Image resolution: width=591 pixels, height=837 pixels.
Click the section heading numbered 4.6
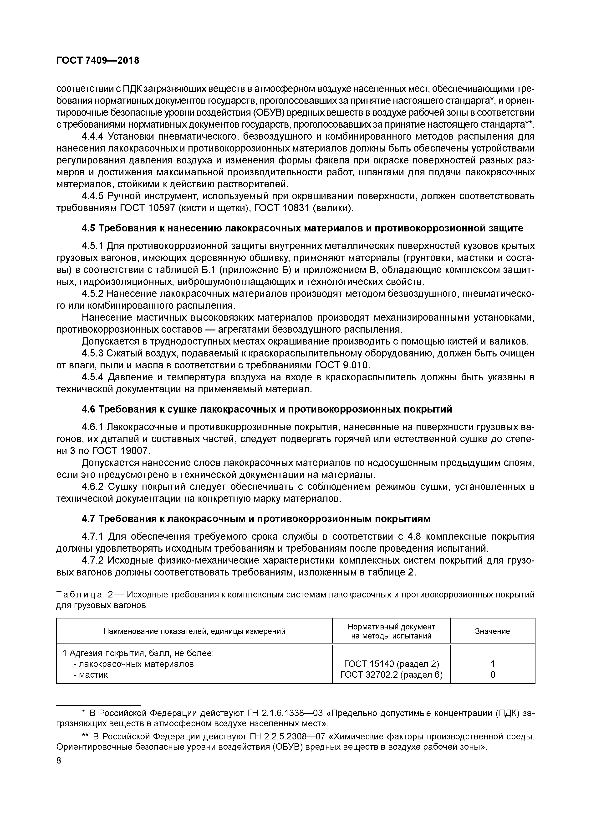(267, 409)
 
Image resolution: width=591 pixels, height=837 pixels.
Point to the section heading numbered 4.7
(256, 518)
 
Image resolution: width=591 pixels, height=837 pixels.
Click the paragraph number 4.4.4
(93, 137)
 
